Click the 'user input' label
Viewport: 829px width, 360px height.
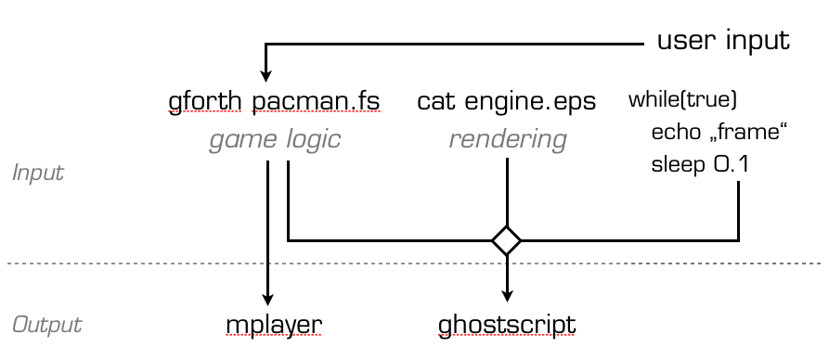(x=723, y=41)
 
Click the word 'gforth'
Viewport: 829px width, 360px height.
(x=206, y=100)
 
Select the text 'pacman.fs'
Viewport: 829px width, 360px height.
(x=316, y=100)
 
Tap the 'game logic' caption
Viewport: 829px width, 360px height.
(x=274, y=140)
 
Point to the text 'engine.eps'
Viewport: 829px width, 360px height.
(x=530, y=100)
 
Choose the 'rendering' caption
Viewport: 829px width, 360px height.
(x=507, y=140)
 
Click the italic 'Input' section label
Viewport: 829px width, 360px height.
(x=37, y=173)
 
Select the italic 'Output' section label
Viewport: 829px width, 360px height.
(x=46, y=325)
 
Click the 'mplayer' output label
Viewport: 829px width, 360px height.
(x=273, y=325)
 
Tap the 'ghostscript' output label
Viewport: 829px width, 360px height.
(x=507, y=325)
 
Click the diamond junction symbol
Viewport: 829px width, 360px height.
(x=506, y=240)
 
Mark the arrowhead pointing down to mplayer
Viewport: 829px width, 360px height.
(x=267, y=299)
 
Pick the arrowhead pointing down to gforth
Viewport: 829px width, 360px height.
(x=266, y=76)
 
